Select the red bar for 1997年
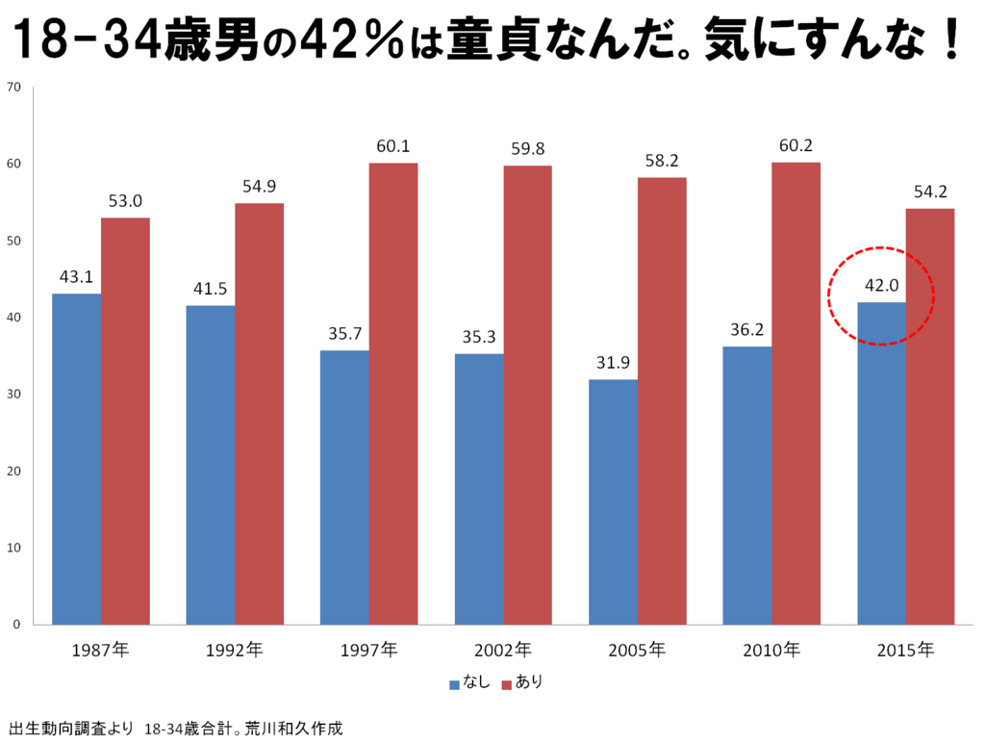click(x=393, y=394)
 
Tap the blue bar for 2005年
click(x=613, y=501)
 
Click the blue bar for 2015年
click(x=881, y=463)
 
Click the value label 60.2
click(x=796, y=146)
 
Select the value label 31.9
click(x=613, y=364)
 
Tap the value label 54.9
click(x=260, y=187)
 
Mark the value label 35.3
click(x=478, y=338)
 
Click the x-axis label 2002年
click(x=502, y=650)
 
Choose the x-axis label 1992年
click(x=234, y=650)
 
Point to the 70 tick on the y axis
click(x=13, y=88)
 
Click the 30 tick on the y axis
click(x=13, y=395)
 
